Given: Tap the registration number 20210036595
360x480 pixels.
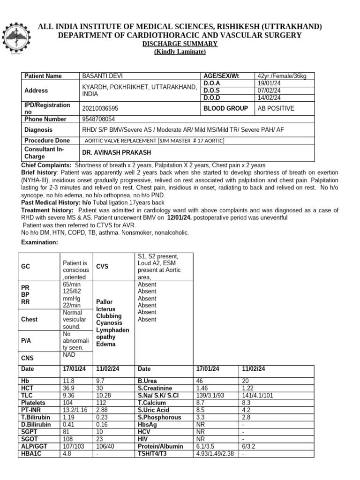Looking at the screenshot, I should [100, 108].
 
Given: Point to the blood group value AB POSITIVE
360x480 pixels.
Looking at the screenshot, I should [276, 108].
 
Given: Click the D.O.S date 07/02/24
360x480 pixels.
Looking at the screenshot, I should [269, 90].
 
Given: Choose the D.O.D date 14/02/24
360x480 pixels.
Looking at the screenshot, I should [269, 97].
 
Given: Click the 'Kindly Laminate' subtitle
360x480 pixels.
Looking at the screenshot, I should [180, 52].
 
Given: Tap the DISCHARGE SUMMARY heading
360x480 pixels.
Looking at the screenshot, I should [180, 44].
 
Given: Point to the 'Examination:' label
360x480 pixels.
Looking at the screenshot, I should [40, 242].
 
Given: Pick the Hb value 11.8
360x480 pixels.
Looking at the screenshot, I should [68, 382].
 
